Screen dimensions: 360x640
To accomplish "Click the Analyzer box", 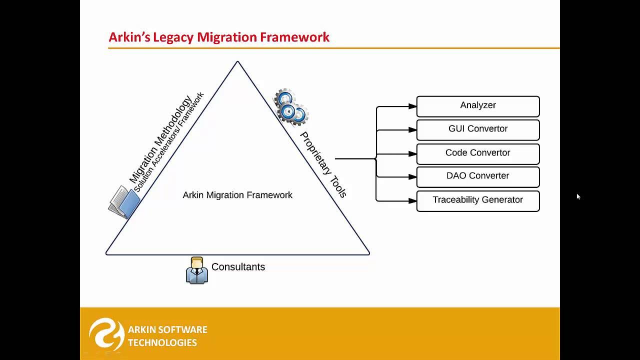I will coord(478,106).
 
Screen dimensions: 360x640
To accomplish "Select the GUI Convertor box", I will coord(478,129).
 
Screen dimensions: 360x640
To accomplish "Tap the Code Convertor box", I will coord(478,153).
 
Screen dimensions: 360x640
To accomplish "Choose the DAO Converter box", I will coord(478,176).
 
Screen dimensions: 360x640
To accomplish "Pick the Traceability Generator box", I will coord(478,200).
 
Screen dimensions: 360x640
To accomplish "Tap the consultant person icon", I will coord(196,270).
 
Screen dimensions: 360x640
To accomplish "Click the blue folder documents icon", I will coord(124,202).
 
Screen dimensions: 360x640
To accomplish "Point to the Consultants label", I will coord(238,267).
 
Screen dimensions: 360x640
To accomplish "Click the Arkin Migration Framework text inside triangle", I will coord(237,195).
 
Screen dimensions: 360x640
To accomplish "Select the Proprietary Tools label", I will coord(323,165).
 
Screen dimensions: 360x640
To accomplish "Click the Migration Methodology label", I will coord(160,138).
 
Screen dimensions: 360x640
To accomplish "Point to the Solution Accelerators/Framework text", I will coord(169,142).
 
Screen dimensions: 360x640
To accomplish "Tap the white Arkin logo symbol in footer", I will coord(106,333).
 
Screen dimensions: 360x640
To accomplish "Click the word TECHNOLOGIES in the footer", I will coord(162,342).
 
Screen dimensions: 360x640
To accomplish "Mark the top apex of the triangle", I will coord(237,62).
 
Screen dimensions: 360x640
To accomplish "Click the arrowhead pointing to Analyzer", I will coord(412,106).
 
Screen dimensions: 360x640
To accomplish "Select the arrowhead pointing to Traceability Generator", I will coord(412,201).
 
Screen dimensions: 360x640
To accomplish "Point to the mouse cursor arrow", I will coord(578,196).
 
